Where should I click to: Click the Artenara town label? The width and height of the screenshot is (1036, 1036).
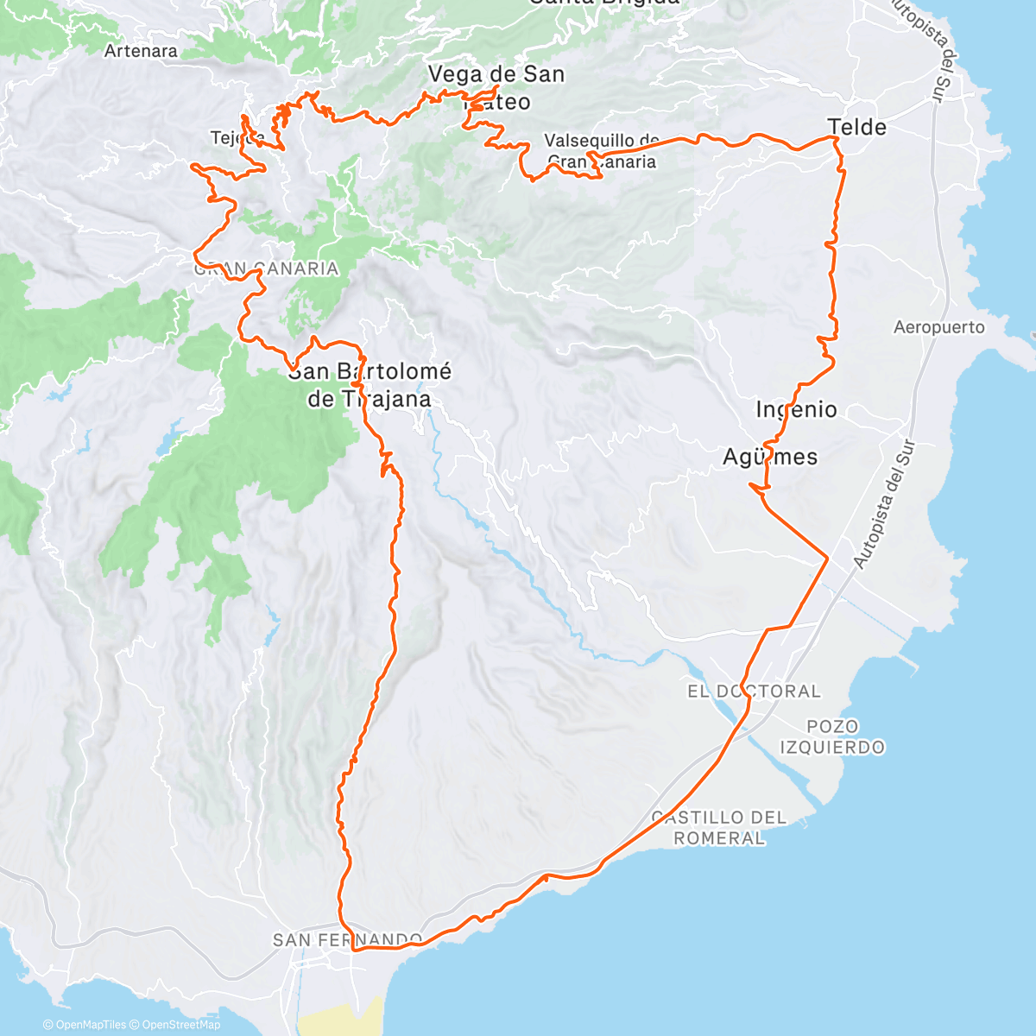pyautogui.click(x=141, y=51)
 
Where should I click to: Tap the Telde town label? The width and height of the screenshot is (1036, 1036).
pyautogui.click(x=857, y=128)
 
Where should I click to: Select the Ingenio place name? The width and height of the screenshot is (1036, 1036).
pyautogui.click(x=796, y=409)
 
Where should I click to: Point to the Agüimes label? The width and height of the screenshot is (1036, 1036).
pyautogui.click(x=770, y=457)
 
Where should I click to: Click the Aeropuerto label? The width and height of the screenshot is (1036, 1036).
pyautogui.click(x=939, y=327)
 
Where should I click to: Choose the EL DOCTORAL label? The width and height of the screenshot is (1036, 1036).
pyautogui.click(x=754, y=692)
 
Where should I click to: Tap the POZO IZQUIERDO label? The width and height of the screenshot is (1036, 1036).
pyautogui.click(x=833, y=736)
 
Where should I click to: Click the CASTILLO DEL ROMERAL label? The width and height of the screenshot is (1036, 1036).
pyautogui.click(x=719, y=827)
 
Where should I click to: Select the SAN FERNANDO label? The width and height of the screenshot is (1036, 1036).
pyautogui.click(x=347, y=939)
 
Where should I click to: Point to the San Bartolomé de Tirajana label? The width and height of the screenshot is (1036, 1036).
pyautogui.click(x=370, y=385)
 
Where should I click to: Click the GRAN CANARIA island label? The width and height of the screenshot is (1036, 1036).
pyautogui.click(x=266, y=268)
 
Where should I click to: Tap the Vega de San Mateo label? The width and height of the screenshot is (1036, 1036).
pyautogui.click(x=496, y=87)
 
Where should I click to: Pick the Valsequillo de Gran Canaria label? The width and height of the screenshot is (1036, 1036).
pyautogui.click(x=602, y=150)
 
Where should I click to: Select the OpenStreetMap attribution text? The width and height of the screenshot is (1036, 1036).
pyautogui.click(x=180, y=1025)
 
